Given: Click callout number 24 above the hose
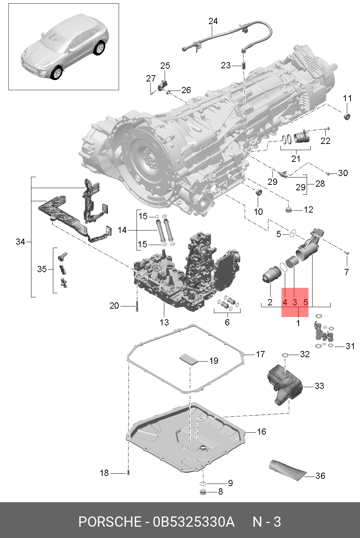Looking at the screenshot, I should pos(213,21).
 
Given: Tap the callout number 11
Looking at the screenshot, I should pos(347,98).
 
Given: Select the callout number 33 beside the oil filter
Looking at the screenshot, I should pos(319,386).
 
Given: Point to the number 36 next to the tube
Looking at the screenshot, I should pos(320,476).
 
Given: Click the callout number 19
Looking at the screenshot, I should pos(214,361).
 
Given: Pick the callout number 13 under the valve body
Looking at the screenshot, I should pos(164,322).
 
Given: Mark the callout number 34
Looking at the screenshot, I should pos(20,241).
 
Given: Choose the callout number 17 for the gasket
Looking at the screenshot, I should pos(260,354).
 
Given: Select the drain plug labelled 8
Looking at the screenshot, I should pos(203,491).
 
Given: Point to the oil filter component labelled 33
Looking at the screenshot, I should pos(285,385).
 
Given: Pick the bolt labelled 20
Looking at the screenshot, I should pos(137,306).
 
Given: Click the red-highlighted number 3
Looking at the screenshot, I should pos(295,302).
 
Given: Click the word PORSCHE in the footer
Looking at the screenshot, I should pos(110,522).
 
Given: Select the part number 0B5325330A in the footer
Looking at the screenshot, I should pos(194,522).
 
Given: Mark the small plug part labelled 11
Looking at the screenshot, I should pos(347,117).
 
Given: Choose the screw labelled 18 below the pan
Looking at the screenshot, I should pos(128,473).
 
